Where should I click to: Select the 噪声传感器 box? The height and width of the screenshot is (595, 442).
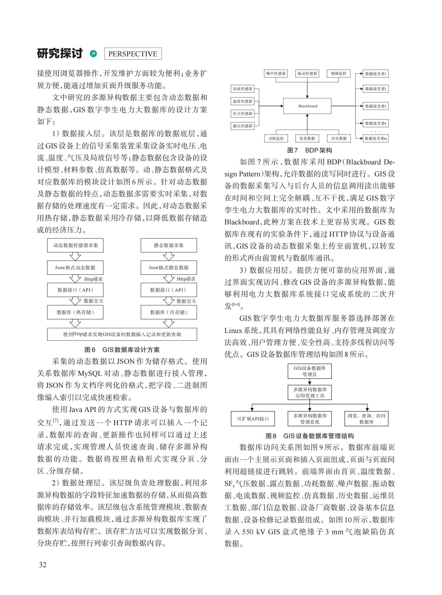(276, 73)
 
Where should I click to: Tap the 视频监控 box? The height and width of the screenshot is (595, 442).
(339, 73)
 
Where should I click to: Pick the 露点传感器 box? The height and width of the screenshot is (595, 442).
(242, 126)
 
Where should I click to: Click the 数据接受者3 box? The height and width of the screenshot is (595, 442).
(375, 106)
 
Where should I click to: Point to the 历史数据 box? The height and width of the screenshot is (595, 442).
(339, 138)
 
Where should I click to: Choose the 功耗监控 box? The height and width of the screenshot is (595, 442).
(276, 138)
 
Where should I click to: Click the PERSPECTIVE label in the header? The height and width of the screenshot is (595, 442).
(133, 54)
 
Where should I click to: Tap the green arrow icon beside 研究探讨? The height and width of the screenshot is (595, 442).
(93, 54)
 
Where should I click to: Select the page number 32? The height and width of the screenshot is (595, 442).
(43, 565)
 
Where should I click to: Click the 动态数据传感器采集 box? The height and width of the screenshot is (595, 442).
(75, 245)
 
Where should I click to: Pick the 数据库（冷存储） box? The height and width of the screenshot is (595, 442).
(168, 312)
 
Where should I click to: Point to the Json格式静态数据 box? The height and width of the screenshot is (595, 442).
(168, 268)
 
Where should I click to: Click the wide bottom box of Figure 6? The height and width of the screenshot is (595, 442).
(122, 334)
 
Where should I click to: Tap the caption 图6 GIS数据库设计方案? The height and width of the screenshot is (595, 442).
(122, 350)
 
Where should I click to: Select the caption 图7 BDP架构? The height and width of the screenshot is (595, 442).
(309, 150)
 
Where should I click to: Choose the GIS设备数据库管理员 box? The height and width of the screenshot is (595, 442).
(310, 371)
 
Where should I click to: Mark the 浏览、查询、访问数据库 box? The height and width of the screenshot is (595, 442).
(366, 419)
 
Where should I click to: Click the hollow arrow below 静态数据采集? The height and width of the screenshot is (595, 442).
(168, 257)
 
